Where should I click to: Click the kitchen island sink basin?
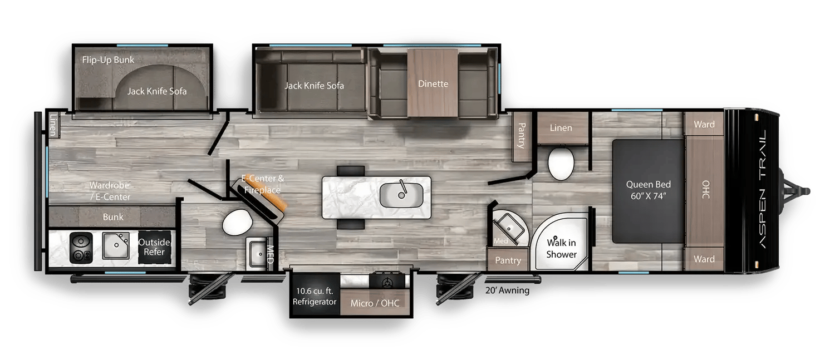[x=401, y=195]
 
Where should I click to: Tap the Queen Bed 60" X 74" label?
[x=649, y=190]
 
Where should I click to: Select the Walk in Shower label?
[x=561, y=249]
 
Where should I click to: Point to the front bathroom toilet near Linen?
[x=561, y=163]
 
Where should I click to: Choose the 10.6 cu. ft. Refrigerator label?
[x=315, y=296]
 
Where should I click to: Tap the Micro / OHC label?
[x=375, y=303]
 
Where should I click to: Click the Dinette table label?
[x=433, y=83]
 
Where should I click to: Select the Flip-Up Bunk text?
[x=108, y=60]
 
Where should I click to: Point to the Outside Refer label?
[x=154, y=247]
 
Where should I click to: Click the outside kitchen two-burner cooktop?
[x=81, y=248]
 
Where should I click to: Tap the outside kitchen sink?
[x=116, y=245]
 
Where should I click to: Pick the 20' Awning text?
[x=507, y=290]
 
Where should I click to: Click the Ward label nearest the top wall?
[x=704, y=124]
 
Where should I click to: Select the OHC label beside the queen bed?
[x=706, y=190]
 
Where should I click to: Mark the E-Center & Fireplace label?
[x=262, y=184]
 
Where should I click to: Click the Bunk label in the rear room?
[x=113, y=217]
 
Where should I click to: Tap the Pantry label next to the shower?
[x=508, y=260]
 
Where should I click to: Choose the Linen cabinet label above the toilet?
[x=561, y=128]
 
